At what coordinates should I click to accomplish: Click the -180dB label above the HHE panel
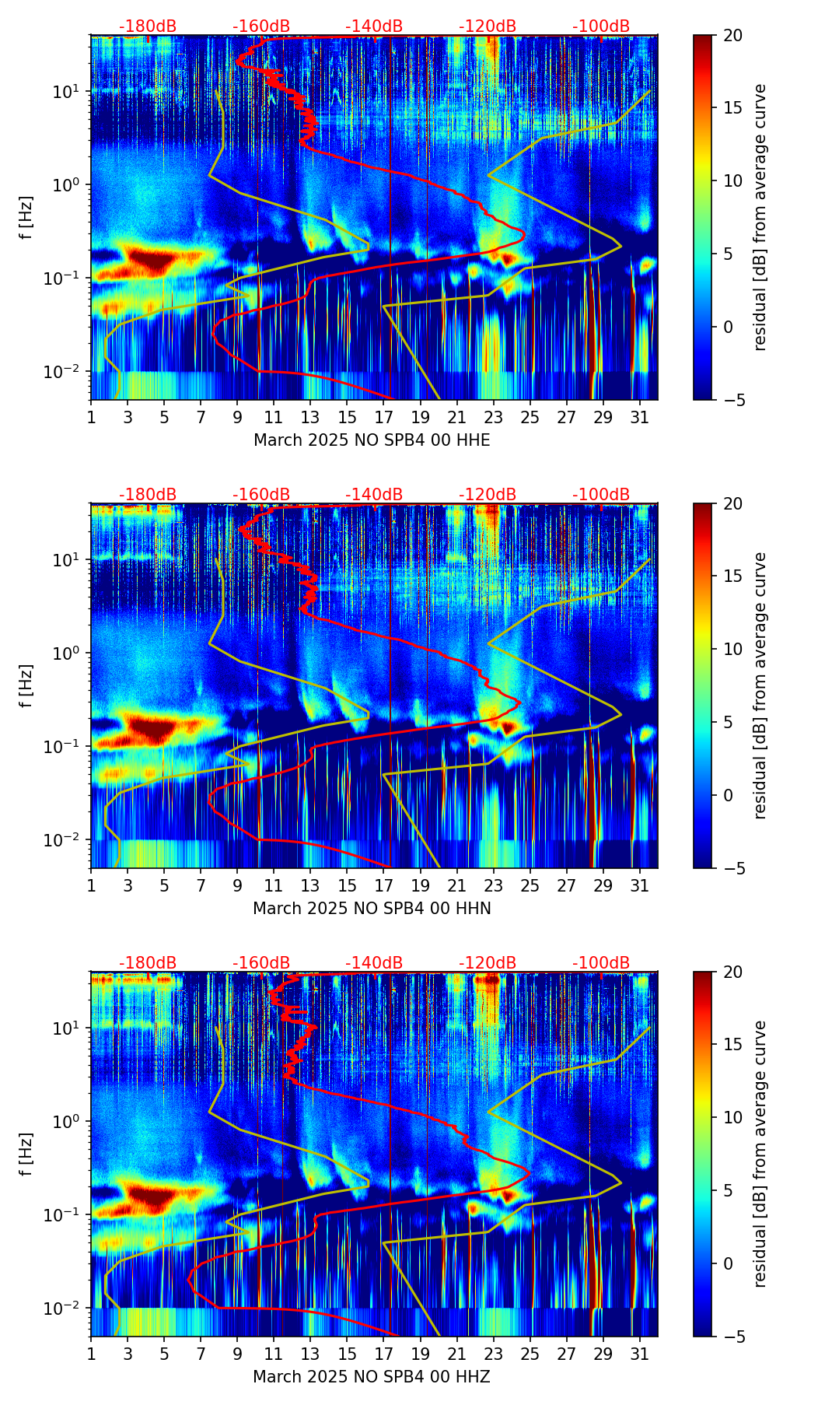[x=148, y=26]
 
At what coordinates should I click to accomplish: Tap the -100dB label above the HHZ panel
[x=601, y=963]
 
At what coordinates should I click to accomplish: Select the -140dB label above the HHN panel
[x=374, y=495]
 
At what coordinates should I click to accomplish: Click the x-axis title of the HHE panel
[x=372, y=440]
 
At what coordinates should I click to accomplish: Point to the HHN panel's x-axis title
[x=372, y=909]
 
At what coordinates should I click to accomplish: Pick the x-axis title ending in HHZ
[x=372, y=1377]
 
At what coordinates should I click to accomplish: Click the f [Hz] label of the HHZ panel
[x=28, y=1154]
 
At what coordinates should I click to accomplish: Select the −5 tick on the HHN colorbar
[x=731, y=867]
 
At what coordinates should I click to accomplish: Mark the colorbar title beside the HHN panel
[x=760, y=685]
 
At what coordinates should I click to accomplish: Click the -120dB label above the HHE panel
[x=488, y=26]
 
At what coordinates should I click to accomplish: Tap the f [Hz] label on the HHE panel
[x=28, y=217]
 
